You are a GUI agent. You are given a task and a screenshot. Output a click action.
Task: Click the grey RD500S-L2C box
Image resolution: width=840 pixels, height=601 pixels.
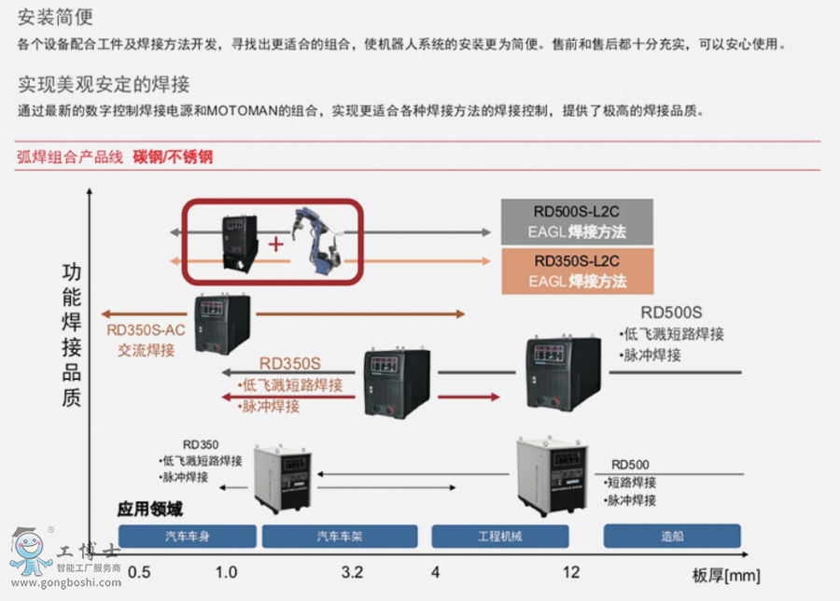(x=577, y=222)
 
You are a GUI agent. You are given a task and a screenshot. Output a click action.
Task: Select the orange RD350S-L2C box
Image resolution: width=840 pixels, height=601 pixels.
(x=577, y=271)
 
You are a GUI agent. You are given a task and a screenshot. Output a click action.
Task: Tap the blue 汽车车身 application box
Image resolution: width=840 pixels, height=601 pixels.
(x=188, y=536)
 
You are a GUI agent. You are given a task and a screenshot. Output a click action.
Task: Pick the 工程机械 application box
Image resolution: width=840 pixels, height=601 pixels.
(x=499, y=536)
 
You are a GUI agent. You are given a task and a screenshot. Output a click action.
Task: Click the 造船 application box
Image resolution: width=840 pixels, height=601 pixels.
(x=672, y=536)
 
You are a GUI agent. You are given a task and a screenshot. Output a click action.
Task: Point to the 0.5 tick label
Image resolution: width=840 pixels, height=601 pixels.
(x=139, y=572)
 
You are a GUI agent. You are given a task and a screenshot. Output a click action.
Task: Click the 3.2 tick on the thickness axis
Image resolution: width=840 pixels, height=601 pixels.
(x=352, y=572)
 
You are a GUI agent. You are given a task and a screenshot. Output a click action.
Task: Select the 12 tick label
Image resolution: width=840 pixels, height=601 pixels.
(x=571, y=572)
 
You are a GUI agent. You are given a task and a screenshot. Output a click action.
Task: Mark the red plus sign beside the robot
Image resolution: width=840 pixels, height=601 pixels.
(x=275, y=245)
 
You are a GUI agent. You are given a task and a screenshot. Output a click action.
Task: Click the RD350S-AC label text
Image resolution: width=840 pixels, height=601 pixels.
(x=147, y=329)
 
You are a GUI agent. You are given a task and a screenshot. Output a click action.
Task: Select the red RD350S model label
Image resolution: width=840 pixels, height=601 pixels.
(x=289, y=364)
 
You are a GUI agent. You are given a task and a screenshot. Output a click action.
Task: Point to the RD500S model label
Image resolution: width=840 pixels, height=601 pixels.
(x=671, y=313)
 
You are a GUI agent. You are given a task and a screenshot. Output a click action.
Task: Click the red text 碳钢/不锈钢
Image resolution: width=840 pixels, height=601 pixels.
(x=173, y=157)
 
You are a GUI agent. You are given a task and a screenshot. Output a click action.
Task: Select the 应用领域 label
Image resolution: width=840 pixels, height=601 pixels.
(x=149, y=510)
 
